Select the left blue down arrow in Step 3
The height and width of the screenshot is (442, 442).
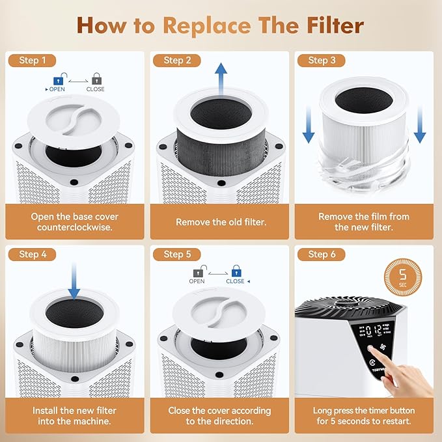coord(309,128)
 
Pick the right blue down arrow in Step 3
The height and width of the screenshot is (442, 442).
coord(420,128)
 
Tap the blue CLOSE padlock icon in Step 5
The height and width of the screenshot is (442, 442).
coord(236,270)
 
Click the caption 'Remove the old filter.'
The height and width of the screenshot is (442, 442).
coord(221,222)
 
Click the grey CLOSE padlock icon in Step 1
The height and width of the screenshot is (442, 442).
coord(96,78)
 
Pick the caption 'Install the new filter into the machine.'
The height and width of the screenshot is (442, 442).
coord(75,416)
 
